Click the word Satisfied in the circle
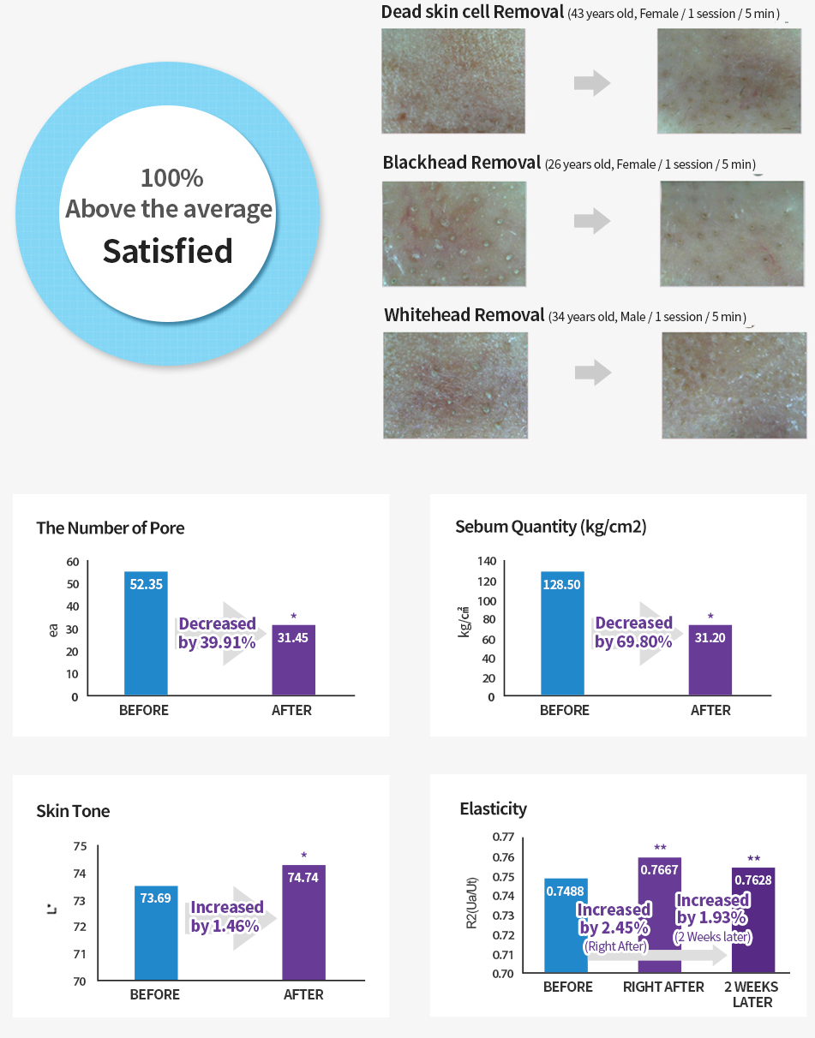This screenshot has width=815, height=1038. coord(168,251)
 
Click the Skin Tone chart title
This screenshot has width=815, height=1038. coord(73,811)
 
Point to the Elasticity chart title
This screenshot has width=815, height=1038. coord(493,808)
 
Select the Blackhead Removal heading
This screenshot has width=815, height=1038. coord(462,163)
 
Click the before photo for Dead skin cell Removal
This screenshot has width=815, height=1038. coord(453,81)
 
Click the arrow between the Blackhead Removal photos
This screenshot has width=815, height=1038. coord(592,221)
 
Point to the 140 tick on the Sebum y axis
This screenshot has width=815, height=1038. coord(487,562)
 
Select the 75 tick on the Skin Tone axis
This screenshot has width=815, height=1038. coord(80,847)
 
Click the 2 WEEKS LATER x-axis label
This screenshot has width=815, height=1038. coord(752,994)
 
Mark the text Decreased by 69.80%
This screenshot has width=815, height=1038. coord(633,632)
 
